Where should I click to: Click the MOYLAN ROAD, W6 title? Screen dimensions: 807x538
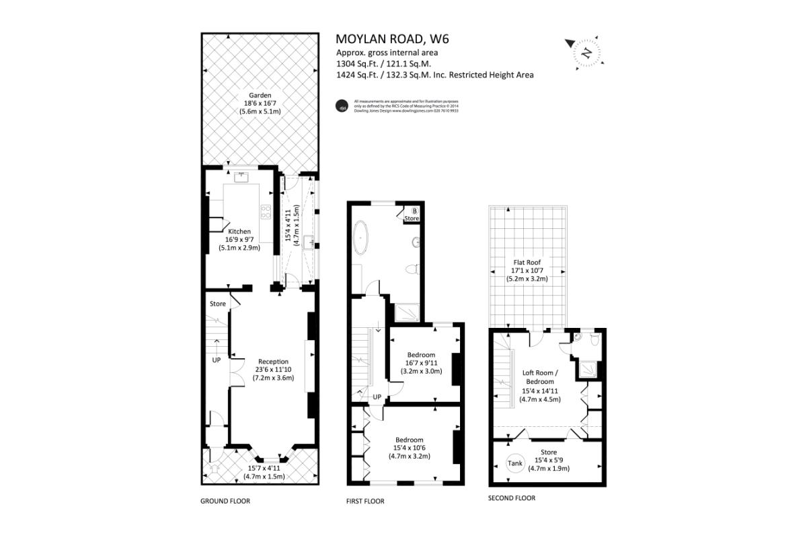(x=392, y=39)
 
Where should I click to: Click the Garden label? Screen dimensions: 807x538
(x=260, y=96)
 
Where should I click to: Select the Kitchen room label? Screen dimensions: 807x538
(x=239, y=232)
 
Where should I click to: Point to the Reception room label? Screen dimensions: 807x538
(x=273, y=361)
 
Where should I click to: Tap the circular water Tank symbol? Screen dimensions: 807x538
(x=514, y=463)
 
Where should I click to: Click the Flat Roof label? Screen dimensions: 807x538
(x=528, y=263)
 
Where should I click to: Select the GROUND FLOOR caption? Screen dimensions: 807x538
(x=225, y=501)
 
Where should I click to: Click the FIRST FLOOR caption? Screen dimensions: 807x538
(x=365, y=501)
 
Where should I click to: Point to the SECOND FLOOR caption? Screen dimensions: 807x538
(x=511, y=498)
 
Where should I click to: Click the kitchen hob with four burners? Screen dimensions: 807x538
(x=266, y=213)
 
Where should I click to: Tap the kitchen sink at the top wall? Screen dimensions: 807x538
(x=241, y=177)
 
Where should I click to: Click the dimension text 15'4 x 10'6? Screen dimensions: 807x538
(x=411, y=448)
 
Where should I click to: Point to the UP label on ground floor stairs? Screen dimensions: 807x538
(x=217, y=360)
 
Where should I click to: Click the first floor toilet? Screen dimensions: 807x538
(x=414, y=269)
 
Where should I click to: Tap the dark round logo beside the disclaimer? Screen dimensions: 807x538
(x=342, y=106)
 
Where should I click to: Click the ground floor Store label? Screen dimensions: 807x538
(x=217, y=304)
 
